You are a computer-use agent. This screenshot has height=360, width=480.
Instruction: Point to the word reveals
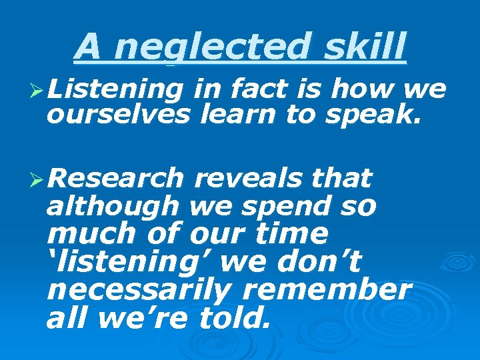(245, 179)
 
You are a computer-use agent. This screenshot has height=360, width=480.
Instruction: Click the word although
(112, 207)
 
